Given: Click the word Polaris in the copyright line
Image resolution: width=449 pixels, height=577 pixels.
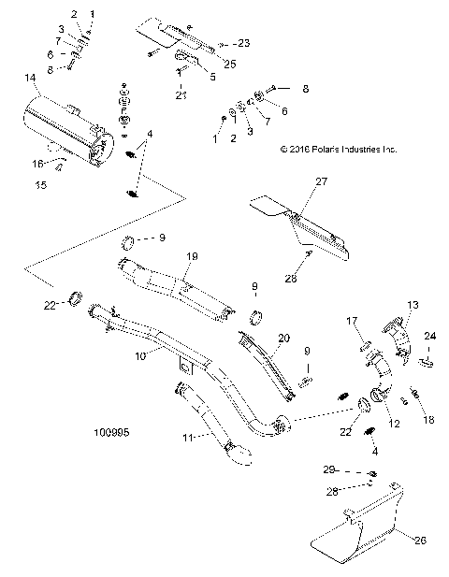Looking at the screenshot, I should pyautogui.click(x=338, y=149).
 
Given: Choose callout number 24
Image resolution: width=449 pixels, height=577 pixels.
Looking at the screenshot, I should pyautogui.click(x=430, y=336).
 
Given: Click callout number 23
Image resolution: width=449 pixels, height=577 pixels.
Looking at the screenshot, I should pyautogui.click(x=244, y=44).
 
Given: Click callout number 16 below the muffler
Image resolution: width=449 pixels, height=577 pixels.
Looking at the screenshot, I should pyautogui.click(x=39, y=163).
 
